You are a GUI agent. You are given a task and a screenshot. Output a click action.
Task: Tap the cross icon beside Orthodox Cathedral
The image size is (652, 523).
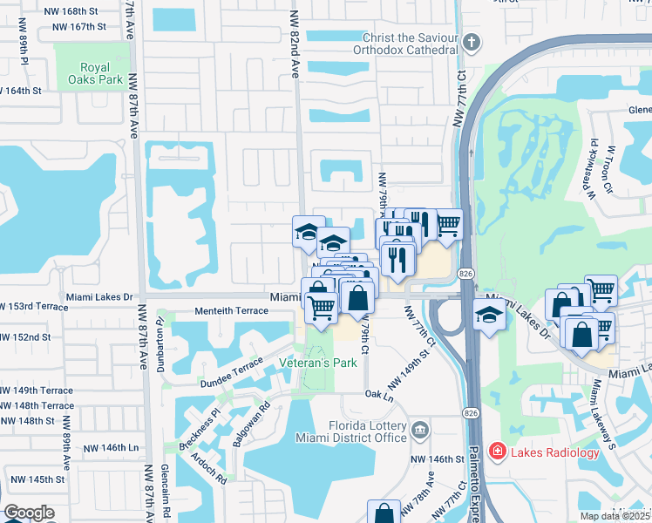(471, 43)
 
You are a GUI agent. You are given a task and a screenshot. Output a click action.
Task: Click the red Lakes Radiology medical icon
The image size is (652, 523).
(498, 452)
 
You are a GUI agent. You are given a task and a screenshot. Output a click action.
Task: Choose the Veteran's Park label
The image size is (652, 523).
(317, 363)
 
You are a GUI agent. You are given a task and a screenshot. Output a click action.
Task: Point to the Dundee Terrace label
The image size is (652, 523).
(230, 370)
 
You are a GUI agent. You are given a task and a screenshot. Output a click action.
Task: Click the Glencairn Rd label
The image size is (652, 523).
(165, 488)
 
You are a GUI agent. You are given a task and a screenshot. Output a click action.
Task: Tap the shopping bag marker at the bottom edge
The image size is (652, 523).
(384, 513)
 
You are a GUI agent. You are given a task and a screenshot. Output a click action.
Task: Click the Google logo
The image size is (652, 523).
(29, 513)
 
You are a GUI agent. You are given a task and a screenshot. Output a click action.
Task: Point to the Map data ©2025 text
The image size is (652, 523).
(615, 516)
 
